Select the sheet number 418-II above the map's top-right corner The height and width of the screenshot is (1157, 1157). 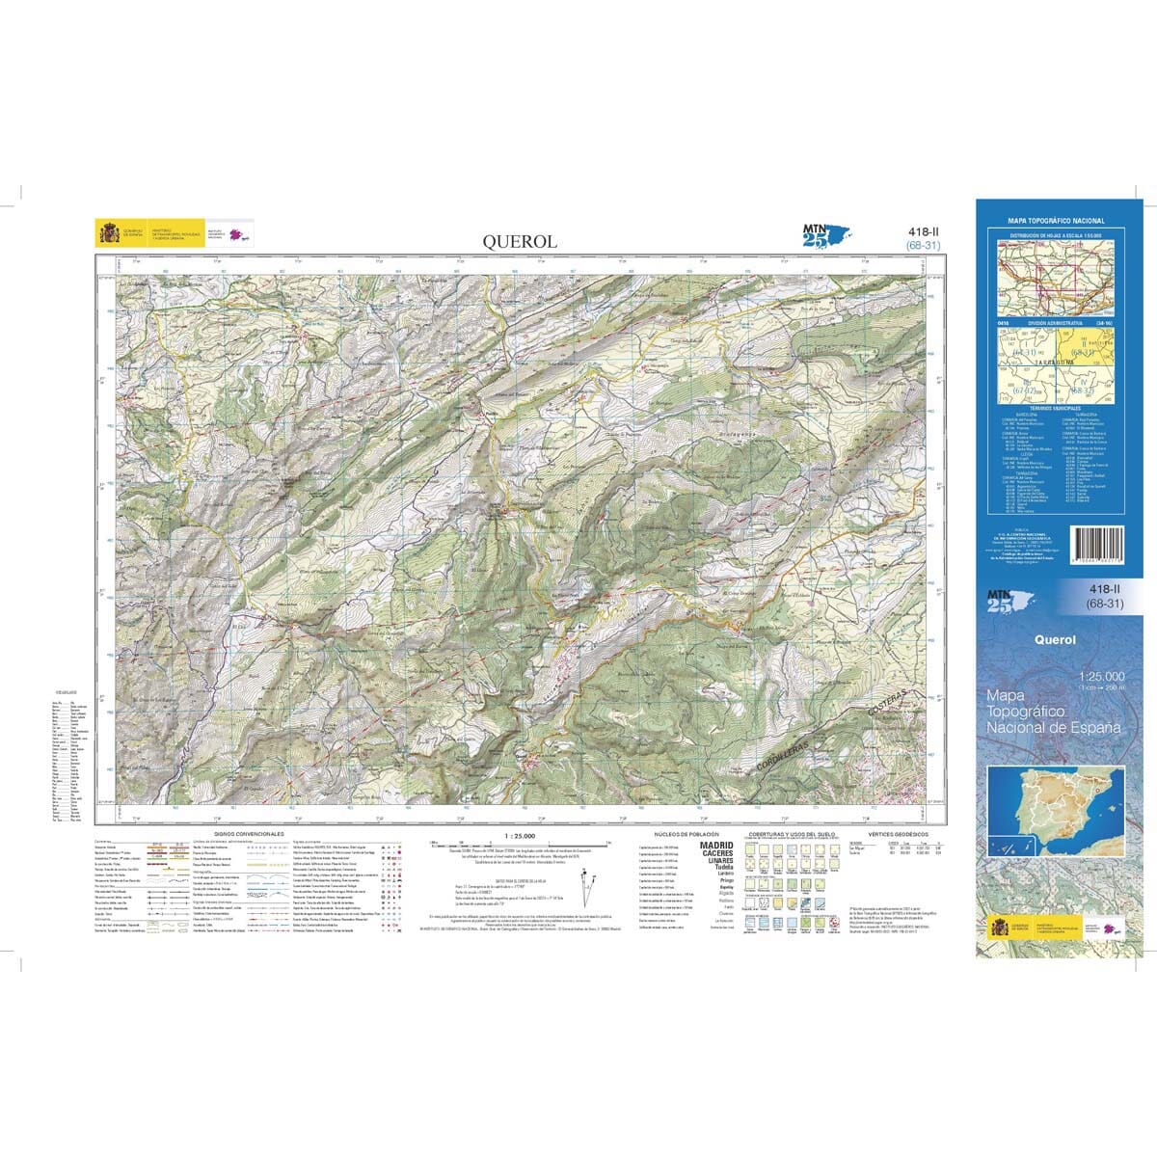click(x=923, y=231)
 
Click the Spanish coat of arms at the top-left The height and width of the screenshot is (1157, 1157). click(x=108, y=234)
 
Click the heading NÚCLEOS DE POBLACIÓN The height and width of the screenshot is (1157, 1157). click(x=684, y=832)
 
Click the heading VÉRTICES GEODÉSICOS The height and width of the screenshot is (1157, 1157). click(x=897, y=832)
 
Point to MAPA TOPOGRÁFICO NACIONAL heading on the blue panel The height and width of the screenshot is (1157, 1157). click(x=1056, y=221)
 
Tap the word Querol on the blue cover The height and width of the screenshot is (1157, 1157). click(x=1055, y=637)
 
